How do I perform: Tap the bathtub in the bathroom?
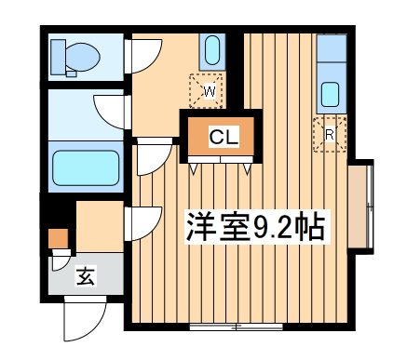point(87,168)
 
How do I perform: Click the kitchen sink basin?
point(331,94)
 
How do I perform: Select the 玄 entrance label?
point(85,276)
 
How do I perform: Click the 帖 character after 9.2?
point(312,227)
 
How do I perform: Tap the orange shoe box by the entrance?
point(59,239)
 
